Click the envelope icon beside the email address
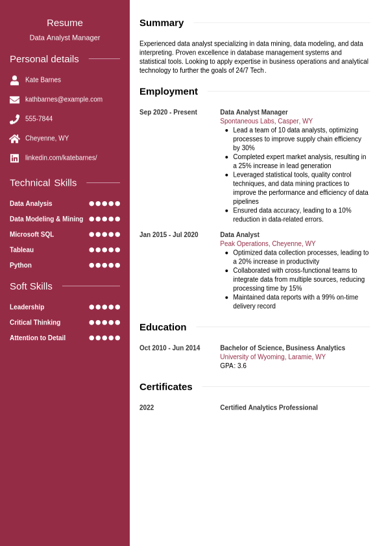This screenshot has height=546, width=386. [14, 99]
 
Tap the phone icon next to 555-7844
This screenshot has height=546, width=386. [14, 119]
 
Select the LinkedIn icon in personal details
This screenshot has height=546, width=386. [14, 158]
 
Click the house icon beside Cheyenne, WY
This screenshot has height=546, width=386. [14, 138]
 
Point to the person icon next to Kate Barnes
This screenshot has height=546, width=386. [14, 81]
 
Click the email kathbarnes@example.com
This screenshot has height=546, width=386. [64, 99]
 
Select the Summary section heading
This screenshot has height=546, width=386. [162, 23]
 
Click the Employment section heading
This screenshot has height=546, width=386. [169, 92]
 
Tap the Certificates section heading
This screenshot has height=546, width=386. [166, 387]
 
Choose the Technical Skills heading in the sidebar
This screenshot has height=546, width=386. [43, 183]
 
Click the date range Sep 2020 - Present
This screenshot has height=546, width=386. [168, 112]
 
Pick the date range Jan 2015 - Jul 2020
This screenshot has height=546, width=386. [169, 235]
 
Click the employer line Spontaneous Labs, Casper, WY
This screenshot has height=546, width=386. [266, 121]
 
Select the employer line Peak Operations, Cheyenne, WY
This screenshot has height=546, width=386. [267, 244]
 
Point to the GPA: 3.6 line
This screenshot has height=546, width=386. [233, 366]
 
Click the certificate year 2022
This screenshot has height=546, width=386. [147, 408]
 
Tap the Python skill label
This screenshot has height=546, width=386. [21, 266]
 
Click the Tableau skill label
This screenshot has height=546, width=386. [21, 250]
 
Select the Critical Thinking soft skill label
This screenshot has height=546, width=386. [35, 323]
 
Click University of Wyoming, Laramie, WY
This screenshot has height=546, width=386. [272, 357]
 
